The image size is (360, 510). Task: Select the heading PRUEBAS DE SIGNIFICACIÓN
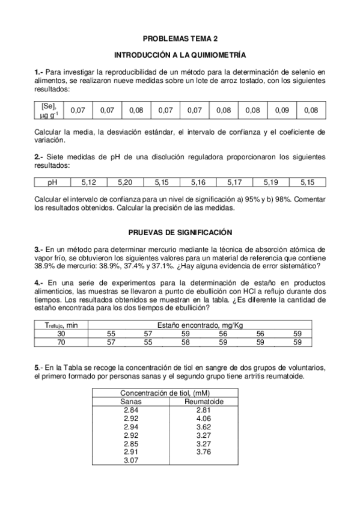pos(180,232)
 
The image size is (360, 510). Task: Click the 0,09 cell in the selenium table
pos(282,111)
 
